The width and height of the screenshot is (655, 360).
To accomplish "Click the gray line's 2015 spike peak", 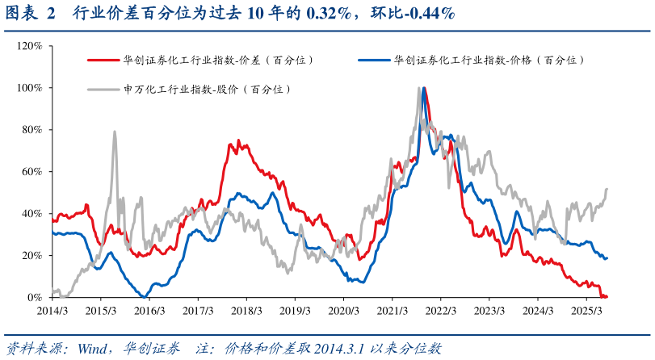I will coord(115,132).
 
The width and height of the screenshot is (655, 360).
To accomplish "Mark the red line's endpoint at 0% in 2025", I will coord(606,296).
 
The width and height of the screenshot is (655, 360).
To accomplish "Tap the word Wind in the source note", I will coord(91,349).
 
